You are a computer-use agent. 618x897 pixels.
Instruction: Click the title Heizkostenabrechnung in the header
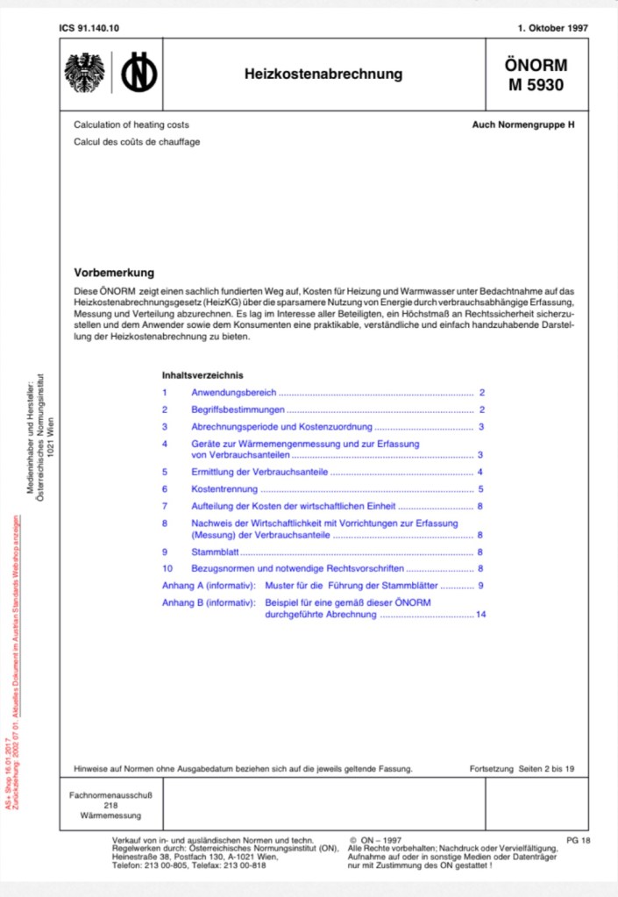[x=323, y=75]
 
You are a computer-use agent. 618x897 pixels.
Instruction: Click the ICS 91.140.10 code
[x=89, y=28]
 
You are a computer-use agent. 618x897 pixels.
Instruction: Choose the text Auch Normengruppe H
[x=523, y=125]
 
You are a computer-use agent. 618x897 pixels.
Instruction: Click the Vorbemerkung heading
[x=114, y=273]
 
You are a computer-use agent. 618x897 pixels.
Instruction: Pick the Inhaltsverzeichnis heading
[x=202, y=374]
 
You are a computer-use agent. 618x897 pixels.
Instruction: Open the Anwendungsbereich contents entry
[x=234, y=393]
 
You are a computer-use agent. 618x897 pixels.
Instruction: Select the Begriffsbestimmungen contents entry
[x=238, y=409]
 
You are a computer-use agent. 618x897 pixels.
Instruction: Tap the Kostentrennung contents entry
[x=225, y=489]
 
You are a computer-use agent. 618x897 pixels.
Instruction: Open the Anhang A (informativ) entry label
[x=209, y=585]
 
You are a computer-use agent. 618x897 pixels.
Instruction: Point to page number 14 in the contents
[x=480, y=615]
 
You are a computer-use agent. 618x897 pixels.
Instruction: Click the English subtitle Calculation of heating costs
[x=131, y=125]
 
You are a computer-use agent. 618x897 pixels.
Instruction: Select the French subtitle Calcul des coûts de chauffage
[x=137, y=142]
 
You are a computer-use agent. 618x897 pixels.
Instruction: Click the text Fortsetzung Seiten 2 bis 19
[x=522, y=768]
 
